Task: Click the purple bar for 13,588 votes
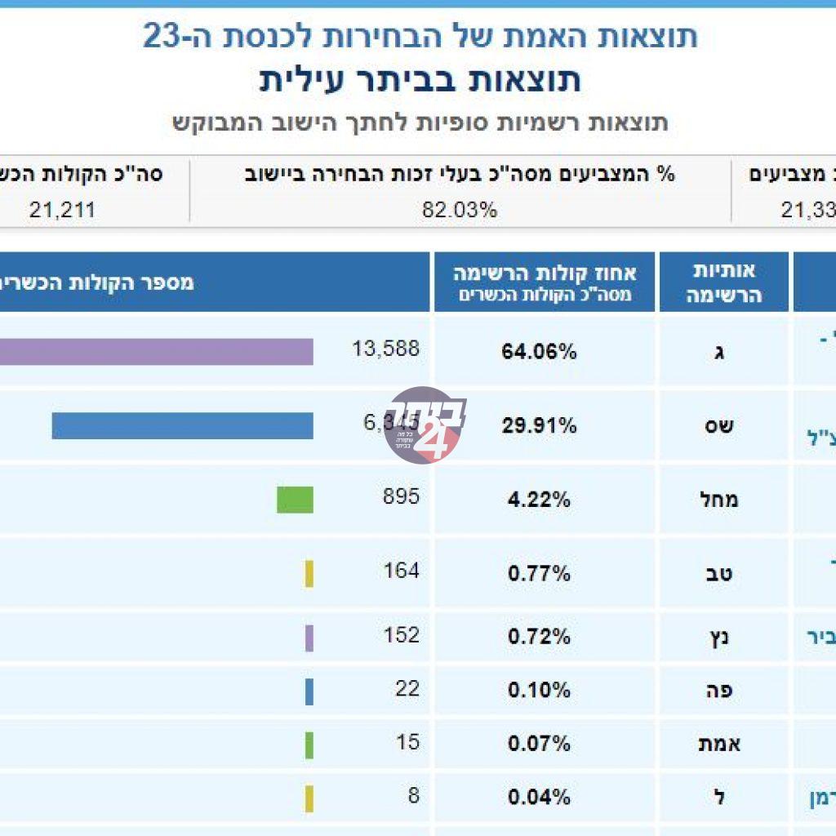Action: click(x=155, y=352)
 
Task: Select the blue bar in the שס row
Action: click(x=182, y=425)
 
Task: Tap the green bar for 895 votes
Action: click(x=295, y=499)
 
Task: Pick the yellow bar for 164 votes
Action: click(x=309, y=573)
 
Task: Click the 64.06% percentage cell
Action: click(x=539, y=352)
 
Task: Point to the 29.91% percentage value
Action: click(x=539, y=425)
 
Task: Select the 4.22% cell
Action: click(x=539, y=499)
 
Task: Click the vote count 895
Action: click(x=402, y=496)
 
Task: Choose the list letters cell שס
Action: click(x=719, y=425)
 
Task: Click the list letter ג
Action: click(x=719, y=353)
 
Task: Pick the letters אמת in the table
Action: click(x=719, y=744)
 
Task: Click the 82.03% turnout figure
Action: click(x=460, y=210)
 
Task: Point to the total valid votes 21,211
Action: click(x=62, y=210)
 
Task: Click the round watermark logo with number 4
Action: click(x=422, y=425)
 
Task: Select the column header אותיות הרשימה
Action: click(x=723, y=282)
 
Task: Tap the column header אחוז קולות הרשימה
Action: click(x=545, y=282)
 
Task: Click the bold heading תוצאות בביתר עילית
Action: click(x=420, y=81)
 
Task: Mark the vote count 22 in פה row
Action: click(x=407, y=688)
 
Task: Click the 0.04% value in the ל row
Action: click(x=539, y=797)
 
